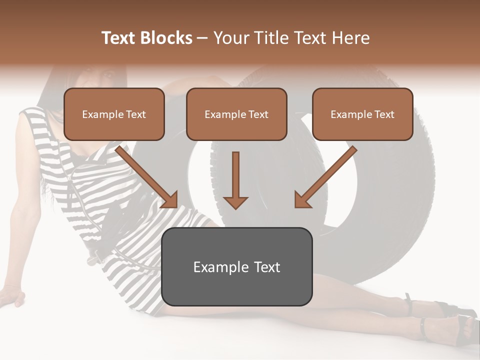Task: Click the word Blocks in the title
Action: (165, 38)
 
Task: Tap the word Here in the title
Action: (351, 38)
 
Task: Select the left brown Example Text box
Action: (114, 114)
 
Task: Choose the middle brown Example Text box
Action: (236, 114)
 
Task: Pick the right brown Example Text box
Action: (362, 114)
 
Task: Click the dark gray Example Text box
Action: (236, 266)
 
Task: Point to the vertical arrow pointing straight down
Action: (235, 180)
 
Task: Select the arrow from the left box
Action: (147, 176)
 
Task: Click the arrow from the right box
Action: (325, 176)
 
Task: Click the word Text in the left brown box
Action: (136, 114)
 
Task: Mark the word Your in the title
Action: (230, 38)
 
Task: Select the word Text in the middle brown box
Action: (258, 114)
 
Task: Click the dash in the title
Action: (202, 38)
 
